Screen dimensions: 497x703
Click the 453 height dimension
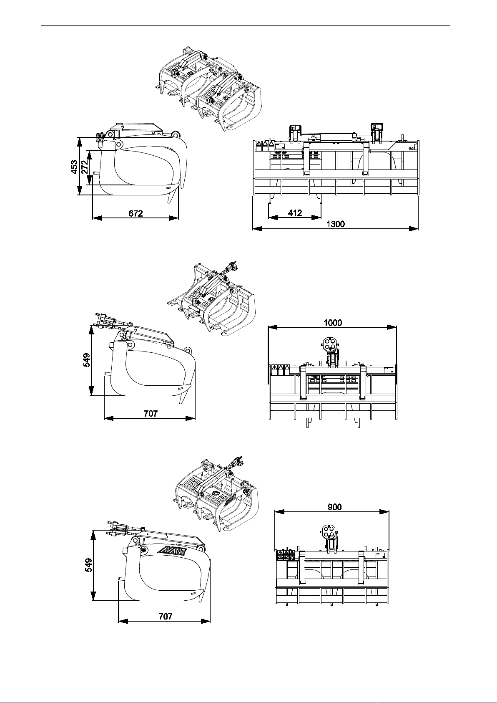pos(74,167)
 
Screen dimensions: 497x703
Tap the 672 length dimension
pos(136,213)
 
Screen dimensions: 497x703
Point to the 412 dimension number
pos(295,213)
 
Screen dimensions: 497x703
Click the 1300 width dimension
pos(336,224)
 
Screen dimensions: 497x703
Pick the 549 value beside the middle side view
pos(87,360)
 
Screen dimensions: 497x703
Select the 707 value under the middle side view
pos(151,414)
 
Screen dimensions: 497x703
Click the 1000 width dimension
pos(333,323)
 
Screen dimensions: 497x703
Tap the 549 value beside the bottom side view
pos(89,565)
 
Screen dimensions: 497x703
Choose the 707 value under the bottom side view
pos(166,617)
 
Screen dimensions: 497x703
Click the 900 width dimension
pos(335,507)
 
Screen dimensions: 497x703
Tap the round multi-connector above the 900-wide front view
pos(329,531)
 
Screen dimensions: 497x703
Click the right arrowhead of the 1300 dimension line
pos(414,229)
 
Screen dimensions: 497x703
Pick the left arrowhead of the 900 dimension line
pos(279,512)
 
